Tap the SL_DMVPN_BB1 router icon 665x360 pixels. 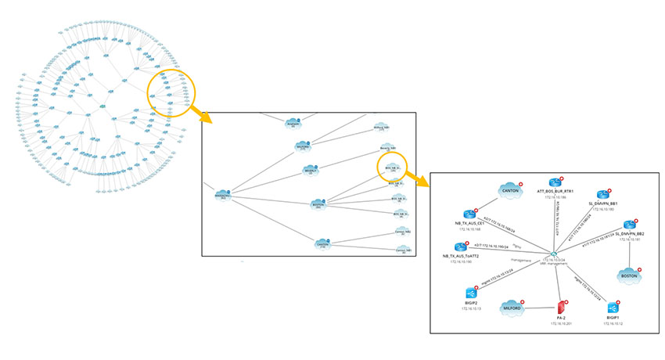point(603,195)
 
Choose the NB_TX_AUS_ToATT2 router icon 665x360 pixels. point(461,247)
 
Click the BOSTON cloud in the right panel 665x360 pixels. point(628,276)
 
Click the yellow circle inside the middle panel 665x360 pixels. point(394,167)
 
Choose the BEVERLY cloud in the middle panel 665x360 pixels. point(312,168)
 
